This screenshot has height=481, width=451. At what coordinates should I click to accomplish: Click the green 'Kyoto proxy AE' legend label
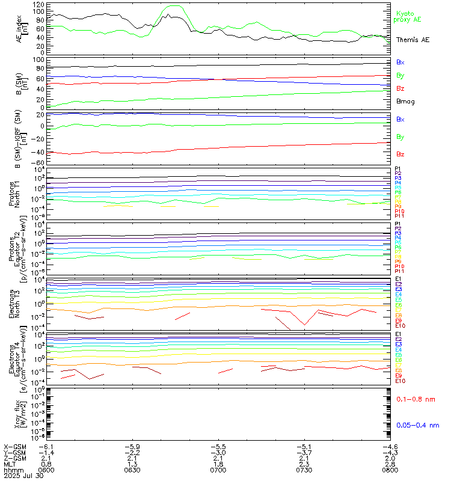click(407, 16)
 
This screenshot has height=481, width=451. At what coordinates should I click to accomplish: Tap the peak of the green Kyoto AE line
click(174, 6)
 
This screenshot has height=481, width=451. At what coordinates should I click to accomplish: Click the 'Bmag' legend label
click(405, 101)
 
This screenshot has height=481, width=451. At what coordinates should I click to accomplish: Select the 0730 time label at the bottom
click(304, 471)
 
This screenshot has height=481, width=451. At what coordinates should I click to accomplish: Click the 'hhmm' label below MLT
click(10, 471)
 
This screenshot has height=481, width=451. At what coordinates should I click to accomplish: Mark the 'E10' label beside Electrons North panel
click(400, 326)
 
